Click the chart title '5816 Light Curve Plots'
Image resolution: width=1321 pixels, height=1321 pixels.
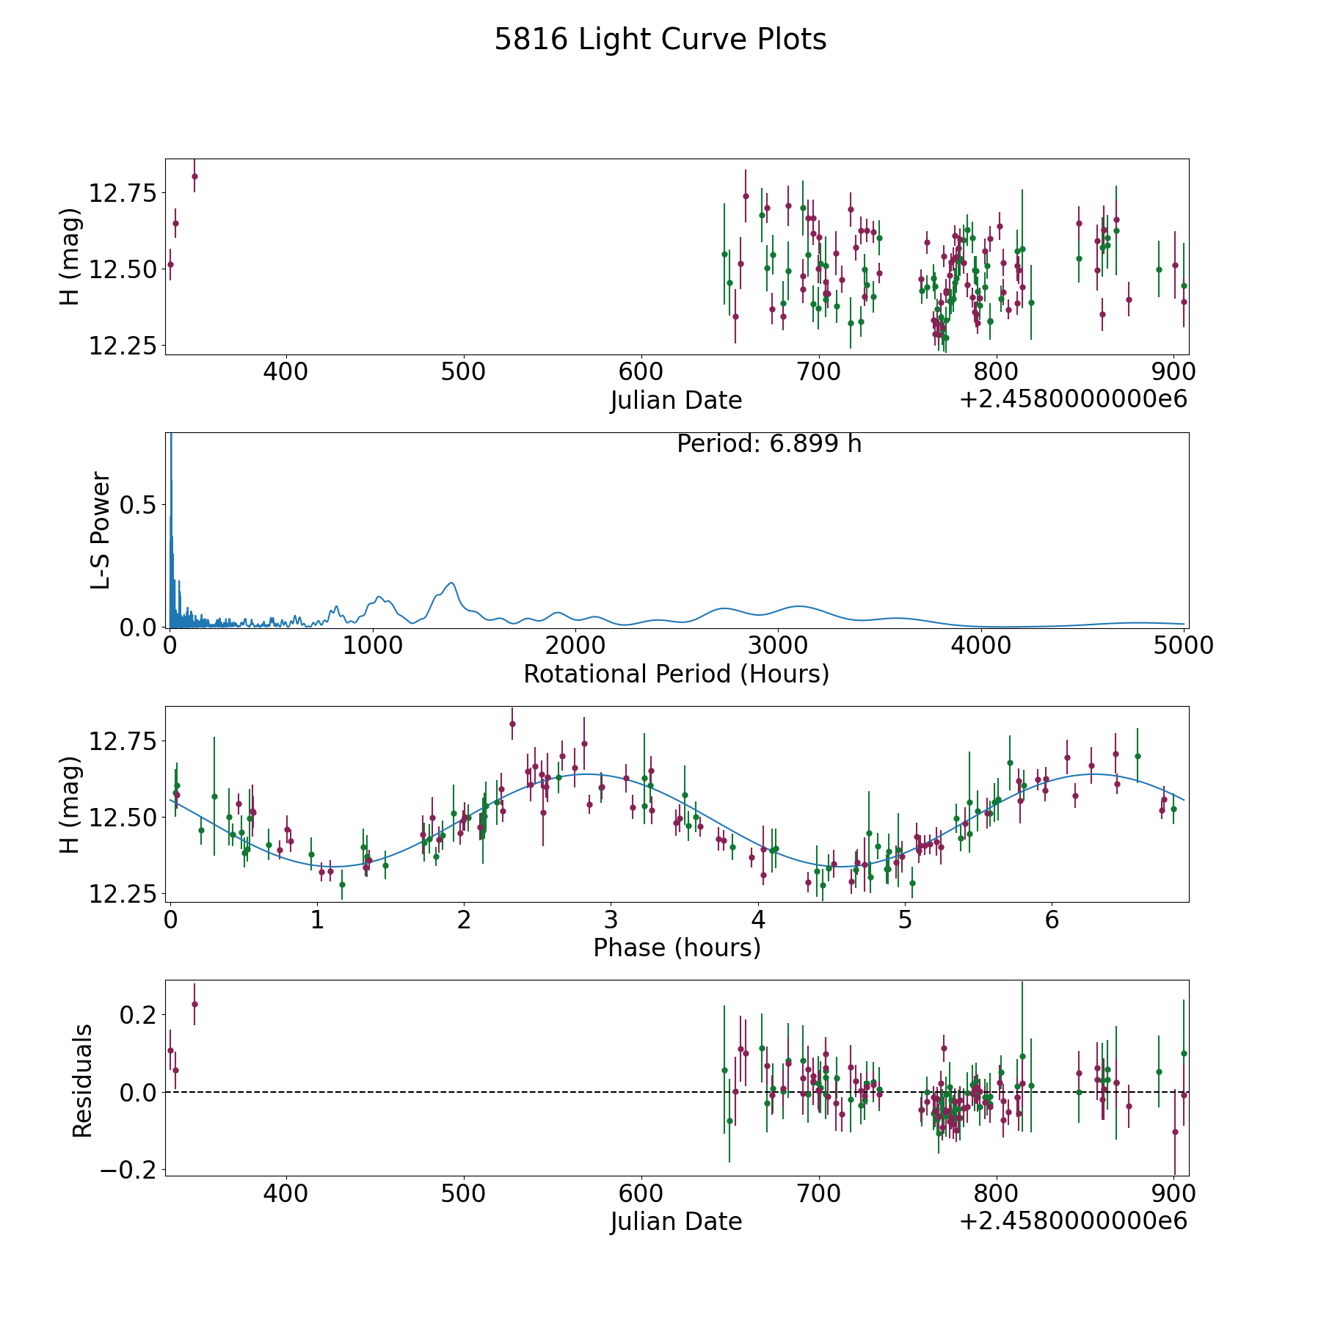click(660, 40)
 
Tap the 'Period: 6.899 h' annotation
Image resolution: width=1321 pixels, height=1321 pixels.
click(768, 444)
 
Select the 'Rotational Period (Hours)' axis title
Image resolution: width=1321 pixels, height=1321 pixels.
click(676, 674)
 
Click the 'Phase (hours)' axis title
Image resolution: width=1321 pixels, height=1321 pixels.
click(676, 947)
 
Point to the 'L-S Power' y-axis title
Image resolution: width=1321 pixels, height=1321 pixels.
click(101, 530)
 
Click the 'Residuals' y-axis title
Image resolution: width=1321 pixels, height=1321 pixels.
click(82, 1080)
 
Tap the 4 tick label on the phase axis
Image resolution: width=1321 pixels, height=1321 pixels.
click(758, 920)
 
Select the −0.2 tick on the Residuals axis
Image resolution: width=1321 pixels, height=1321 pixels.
click(126, 1170)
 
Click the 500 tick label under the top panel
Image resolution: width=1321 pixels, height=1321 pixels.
click(463, 372)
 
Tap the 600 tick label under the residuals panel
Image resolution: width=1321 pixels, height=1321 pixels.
click(641, 1193)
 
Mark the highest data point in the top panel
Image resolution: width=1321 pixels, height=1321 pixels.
click(194, 176)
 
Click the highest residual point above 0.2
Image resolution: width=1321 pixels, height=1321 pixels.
click(194, 1004)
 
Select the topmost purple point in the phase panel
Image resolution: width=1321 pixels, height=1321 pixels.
click(512, 724)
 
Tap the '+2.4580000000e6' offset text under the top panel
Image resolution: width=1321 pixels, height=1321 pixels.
click(1072, 399)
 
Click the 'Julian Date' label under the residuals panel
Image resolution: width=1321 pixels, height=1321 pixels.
click(676, 1221)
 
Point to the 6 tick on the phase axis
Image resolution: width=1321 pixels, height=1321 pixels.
click(1052, 920)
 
